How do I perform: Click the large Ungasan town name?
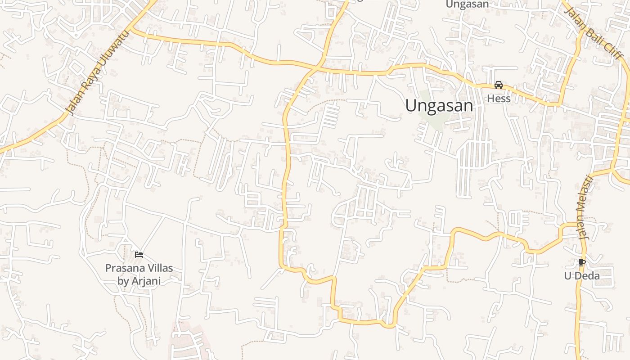tap(439, 106)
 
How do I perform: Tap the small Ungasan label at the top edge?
tap(467, 4)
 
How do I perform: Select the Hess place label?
tap(499, 99)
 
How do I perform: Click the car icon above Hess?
tap(499, 85)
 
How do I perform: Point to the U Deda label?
tap(582, 275)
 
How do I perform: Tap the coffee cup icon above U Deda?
tap(581, 262)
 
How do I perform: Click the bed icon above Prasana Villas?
tap(139, 255)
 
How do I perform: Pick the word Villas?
tap(158, 268)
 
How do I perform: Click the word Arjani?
tap(145, 281)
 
